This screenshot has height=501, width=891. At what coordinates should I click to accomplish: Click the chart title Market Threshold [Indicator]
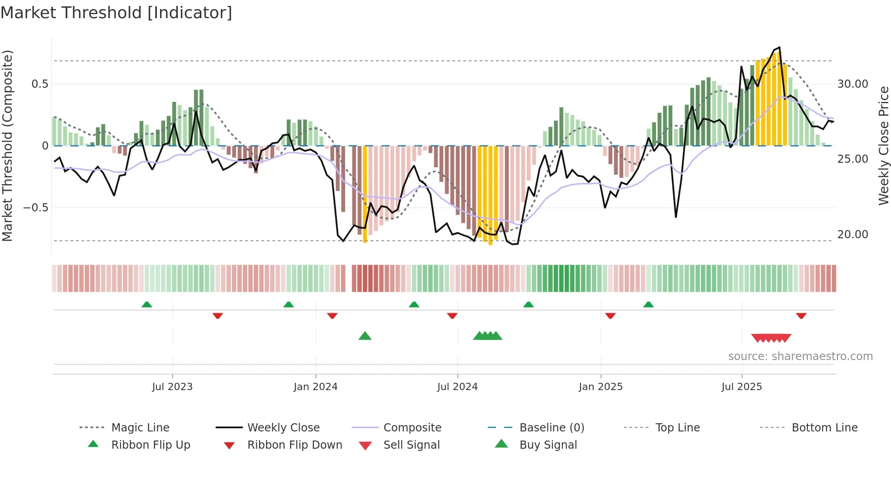(116, 13)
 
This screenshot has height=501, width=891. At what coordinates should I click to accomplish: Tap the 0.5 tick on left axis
(40, 84)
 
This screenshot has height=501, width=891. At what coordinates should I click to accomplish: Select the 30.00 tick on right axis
(852, 84)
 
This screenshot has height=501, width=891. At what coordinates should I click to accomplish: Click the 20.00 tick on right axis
(852, 235)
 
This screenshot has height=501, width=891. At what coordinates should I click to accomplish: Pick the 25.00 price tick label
(852, 159)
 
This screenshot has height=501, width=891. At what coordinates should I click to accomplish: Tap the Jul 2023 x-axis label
(172, 387)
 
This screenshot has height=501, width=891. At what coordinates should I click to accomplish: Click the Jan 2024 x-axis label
(315, 387)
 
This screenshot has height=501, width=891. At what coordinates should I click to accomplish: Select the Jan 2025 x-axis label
(601, 387)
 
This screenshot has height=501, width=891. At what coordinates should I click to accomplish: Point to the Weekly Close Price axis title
(883, 145)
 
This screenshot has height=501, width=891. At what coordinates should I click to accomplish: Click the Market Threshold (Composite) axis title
(7, 145)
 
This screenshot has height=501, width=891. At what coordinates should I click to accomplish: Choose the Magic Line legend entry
(140, 428)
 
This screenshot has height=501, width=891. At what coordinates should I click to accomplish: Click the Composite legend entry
(412, 428)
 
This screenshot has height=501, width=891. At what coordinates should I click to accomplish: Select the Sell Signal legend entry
(411, 445)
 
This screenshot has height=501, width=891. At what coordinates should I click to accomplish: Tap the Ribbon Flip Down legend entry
(294, 445)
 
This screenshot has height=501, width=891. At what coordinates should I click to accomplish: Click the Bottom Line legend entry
(824, 428)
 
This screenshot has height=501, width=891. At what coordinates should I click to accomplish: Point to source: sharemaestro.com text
(800, 356)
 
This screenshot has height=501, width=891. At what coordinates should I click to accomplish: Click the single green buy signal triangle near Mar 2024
(365, 336)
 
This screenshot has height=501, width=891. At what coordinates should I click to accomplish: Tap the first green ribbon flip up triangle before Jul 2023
(147, 305)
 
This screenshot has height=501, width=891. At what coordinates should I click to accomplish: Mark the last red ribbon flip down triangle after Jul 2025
(801, 316)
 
